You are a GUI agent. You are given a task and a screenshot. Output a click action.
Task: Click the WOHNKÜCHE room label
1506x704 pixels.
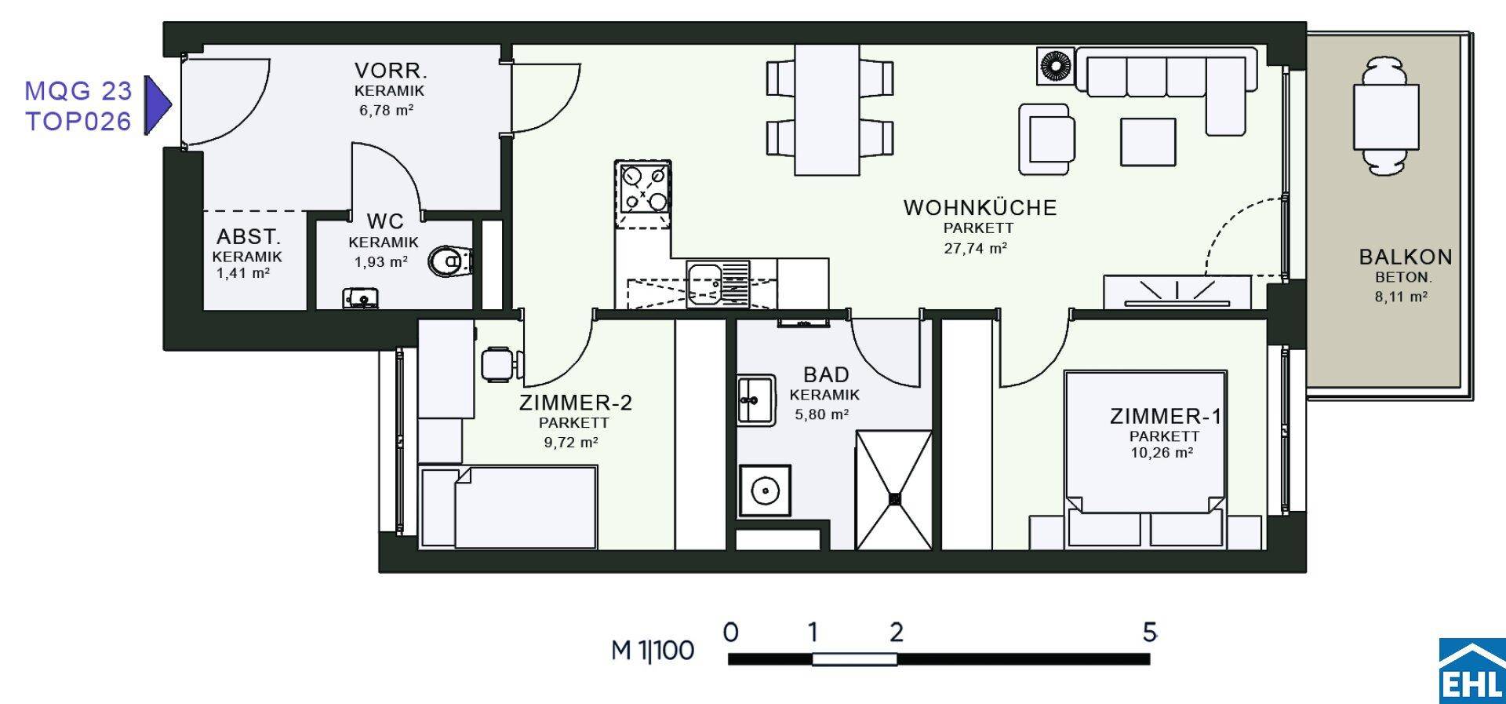point(980,208)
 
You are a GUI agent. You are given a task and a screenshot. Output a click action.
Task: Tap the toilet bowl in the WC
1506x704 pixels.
point(452,261)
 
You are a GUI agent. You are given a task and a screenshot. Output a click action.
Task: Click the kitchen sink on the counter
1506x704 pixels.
point(718,283)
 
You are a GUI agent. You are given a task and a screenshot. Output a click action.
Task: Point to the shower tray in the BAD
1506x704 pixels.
point(893,490)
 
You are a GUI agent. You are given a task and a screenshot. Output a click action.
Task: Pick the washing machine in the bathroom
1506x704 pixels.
point(765,491)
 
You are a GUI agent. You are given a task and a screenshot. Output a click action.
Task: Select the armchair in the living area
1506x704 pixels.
point(1047,139)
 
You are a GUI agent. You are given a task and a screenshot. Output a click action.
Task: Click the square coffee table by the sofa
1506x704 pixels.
point(1148,142)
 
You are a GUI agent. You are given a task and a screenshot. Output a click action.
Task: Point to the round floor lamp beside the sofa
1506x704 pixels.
point(1056,65)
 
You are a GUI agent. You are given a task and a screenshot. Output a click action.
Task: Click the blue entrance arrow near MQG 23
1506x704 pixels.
point(158,104)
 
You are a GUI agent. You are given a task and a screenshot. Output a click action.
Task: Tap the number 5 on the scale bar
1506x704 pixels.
point(1149,632)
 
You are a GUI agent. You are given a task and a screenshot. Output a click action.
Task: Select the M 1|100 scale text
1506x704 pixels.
point(653,650)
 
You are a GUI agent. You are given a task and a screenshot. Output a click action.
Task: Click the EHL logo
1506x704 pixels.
point(1472,671)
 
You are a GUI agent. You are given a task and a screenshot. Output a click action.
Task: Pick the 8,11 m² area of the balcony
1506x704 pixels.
point(1401,297)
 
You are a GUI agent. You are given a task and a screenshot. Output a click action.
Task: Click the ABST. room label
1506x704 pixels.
point(248,236)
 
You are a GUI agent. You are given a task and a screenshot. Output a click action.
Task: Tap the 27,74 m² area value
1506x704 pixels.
point(975,248)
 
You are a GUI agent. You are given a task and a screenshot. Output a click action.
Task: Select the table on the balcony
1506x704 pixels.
point(1386,117)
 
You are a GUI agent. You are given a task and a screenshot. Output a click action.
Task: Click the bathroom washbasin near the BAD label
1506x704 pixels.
point(756,399)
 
